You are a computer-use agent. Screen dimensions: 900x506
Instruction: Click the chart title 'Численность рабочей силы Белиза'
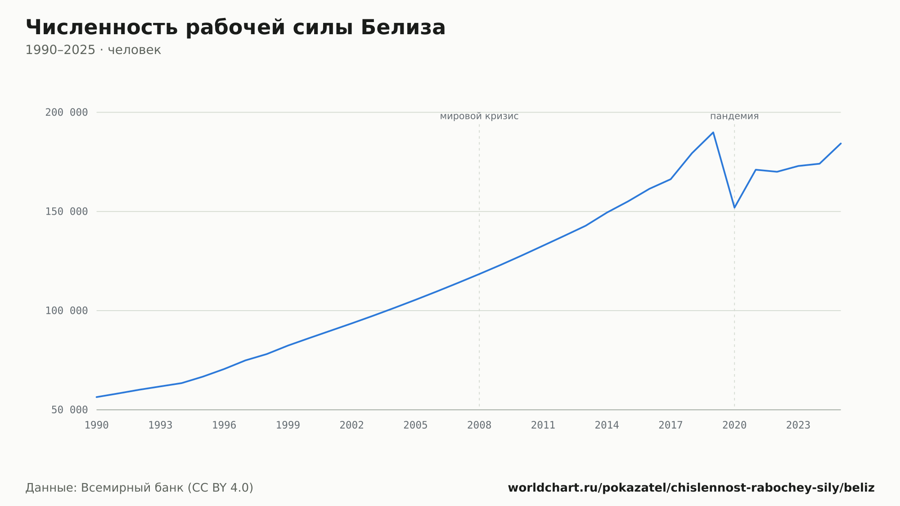point(235,27)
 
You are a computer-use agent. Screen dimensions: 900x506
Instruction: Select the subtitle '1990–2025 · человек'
point(93,50)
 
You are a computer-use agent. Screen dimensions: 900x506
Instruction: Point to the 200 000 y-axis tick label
point(67,113)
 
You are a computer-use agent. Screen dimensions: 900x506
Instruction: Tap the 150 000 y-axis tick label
point(67,212)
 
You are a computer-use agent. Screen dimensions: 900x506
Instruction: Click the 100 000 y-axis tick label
point(67,311)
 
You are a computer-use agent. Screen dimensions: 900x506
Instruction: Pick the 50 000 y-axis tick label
point(70,410)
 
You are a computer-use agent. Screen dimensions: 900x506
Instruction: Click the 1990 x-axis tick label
point(97,425)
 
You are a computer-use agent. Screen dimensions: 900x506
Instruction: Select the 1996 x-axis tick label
point(224,425)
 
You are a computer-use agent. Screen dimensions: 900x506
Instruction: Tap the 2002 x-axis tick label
point(352,425)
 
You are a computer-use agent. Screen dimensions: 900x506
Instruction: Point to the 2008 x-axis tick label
point(479,425)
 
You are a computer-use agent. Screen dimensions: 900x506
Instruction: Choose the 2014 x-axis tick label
point(607,425)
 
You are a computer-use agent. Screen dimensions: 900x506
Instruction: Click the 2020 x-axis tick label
point(734,425)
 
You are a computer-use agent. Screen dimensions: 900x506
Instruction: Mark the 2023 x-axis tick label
point(798,425)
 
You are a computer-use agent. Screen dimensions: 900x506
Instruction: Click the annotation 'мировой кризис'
point(479,116)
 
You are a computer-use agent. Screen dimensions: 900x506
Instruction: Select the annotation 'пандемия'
point(734,116)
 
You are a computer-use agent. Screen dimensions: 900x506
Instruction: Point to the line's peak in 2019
point(713,132)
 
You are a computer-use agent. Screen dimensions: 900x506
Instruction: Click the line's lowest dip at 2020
point(734,208)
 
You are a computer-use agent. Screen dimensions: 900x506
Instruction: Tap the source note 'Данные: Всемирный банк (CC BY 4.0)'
point(139,488)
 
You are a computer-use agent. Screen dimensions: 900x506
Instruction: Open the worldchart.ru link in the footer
point(691,488)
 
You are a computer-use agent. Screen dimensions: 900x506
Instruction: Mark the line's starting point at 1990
point(97,397)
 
